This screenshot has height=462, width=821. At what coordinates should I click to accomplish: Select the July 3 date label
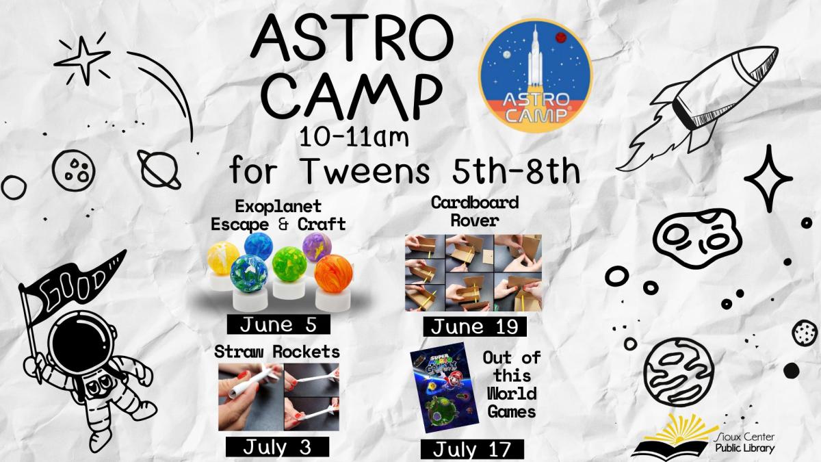tap(277, 447)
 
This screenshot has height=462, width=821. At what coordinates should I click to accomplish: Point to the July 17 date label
tap(472, 450)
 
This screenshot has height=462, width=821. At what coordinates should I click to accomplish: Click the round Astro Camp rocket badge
tap(536, 75)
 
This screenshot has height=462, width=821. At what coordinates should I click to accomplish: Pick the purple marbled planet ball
tap(317, 246)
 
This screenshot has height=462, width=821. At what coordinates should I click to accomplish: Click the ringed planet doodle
tap(159, 168)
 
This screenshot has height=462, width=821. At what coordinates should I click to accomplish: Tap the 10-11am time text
tap(354, 139)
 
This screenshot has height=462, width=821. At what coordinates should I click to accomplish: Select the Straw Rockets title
tap(277, 352)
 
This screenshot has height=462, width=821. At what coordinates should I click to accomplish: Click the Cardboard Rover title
tap(474, 211)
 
